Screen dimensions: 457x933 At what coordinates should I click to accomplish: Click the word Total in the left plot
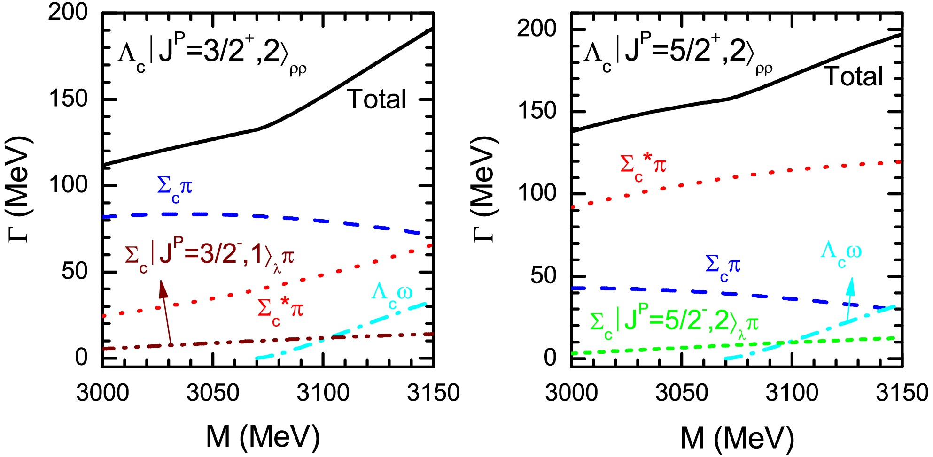[376, 99]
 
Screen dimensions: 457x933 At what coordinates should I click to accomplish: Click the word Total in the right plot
[854, 76]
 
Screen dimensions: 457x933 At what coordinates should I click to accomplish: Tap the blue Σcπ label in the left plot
[175, 189]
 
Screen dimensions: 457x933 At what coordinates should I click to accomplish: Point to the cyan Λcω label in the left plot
[391, 295]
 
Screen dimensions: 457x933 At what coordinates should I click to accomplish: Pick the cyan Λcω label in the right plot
[841, 253]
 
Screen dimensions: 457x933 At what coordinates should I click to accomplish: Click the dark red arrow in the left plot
[166, 312]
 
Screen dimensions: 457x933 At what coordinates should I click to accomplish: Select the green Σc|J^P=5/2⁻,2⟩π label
[674, 324]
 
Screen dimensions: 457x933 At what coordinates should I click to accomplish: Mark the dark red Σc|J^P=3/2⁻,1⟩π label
[210, 258]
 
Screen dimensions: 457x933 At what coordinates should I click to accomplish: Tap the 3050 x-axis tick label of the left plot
[213, 392]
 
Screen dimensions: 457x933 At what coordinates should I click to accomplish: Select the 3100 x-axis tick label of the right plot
[792, 392]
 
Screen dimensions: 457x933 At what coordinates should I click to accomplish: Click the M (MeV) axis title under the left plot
[263, 436]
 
